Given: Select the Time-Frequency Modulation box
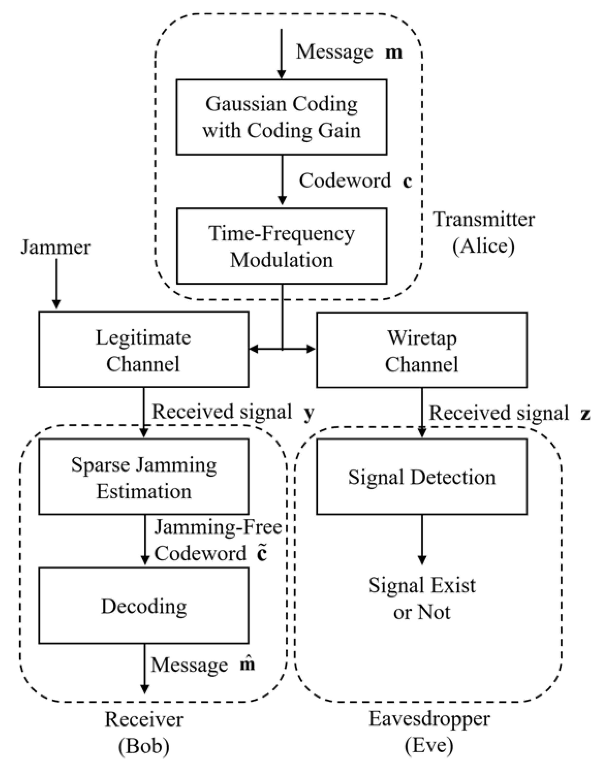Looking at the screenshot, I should [281, 246].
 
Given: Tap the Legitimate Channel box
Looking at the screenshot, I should [143, 350].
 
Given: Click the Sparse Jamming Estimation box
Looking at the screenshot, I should [143, 477].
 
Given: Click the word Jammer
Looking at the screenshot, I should [56, 247].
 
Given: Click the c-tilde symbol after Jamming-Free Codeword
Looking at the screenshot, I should [261, 553].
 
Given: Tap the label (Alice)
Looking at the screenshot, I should [483, 246].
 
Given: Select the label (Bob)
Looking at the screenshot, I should [143, 746].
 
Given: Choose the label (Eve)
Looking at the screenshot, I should [429, 746].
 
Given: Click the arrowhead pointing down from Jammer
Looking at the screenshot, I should [56, 304].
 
